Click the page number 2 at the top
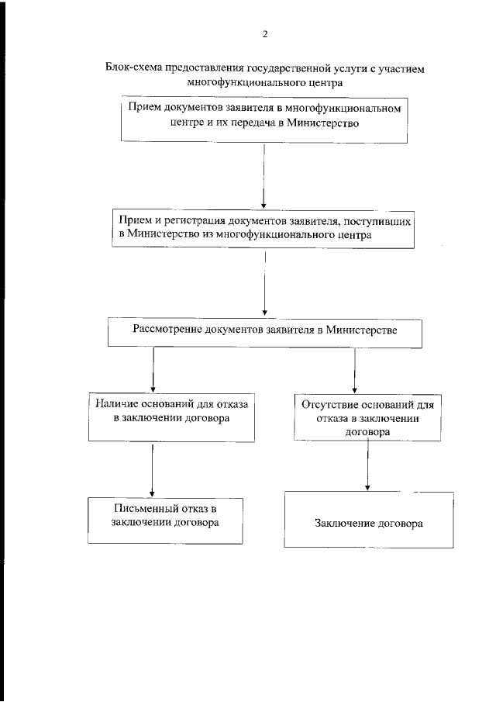[265, 33]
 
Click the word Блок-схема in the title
[130, 67]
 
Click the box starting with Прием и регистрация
[263, 228]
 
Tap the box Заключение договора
[368, 523]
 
